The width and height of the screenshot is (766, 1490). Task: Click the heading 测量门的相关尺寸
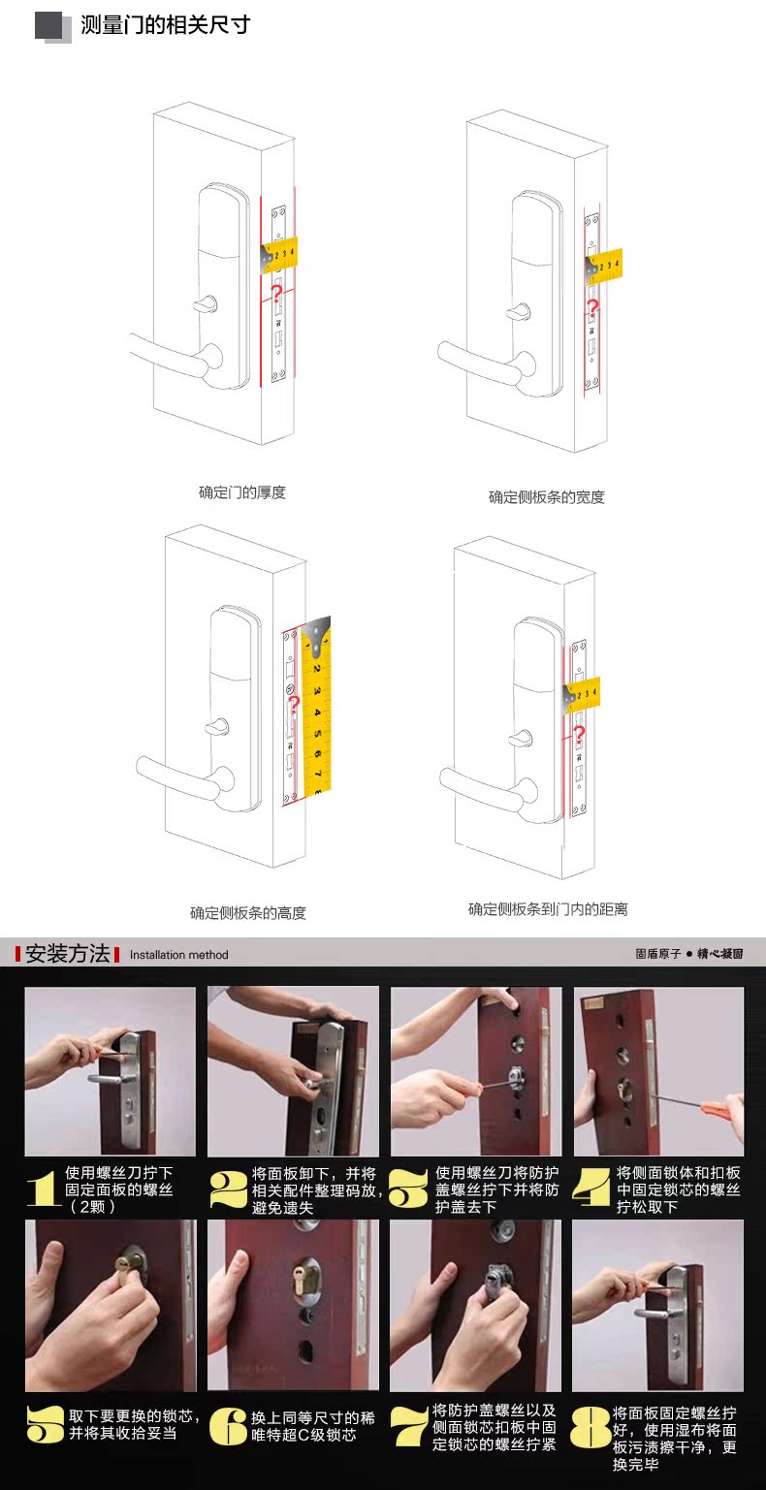(165, 25)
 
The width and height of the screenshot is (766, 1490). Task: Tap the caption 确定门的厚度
(242, 492)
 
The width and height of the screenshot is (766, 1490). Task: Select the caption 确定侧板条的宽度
(547, 497)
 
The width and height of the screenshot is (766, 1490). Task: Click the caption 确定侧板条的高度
(248, 912)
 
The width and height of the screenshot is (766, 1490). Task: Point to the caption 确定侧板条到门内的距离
(548, 908)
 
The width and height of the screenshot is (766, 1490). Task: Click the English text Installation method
(179, 955)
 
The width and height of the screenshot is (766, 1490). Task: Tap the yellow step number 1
(44, 1189)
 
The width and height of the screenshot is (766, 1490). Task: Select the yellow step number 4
(591, 1188)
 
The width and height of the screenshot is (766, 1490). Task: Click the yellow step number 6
(227, 1425)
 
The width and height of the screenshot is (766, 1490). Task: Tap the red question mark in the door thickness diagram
(276, 294)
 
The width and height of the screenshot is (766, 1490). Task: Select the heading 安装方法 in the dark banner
(67, 953)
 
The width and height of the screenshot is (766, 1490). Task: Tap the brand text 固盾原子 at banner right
(657, 954)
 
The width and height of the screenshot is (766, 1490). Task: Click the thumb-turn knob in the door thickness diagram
(206, 304)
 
